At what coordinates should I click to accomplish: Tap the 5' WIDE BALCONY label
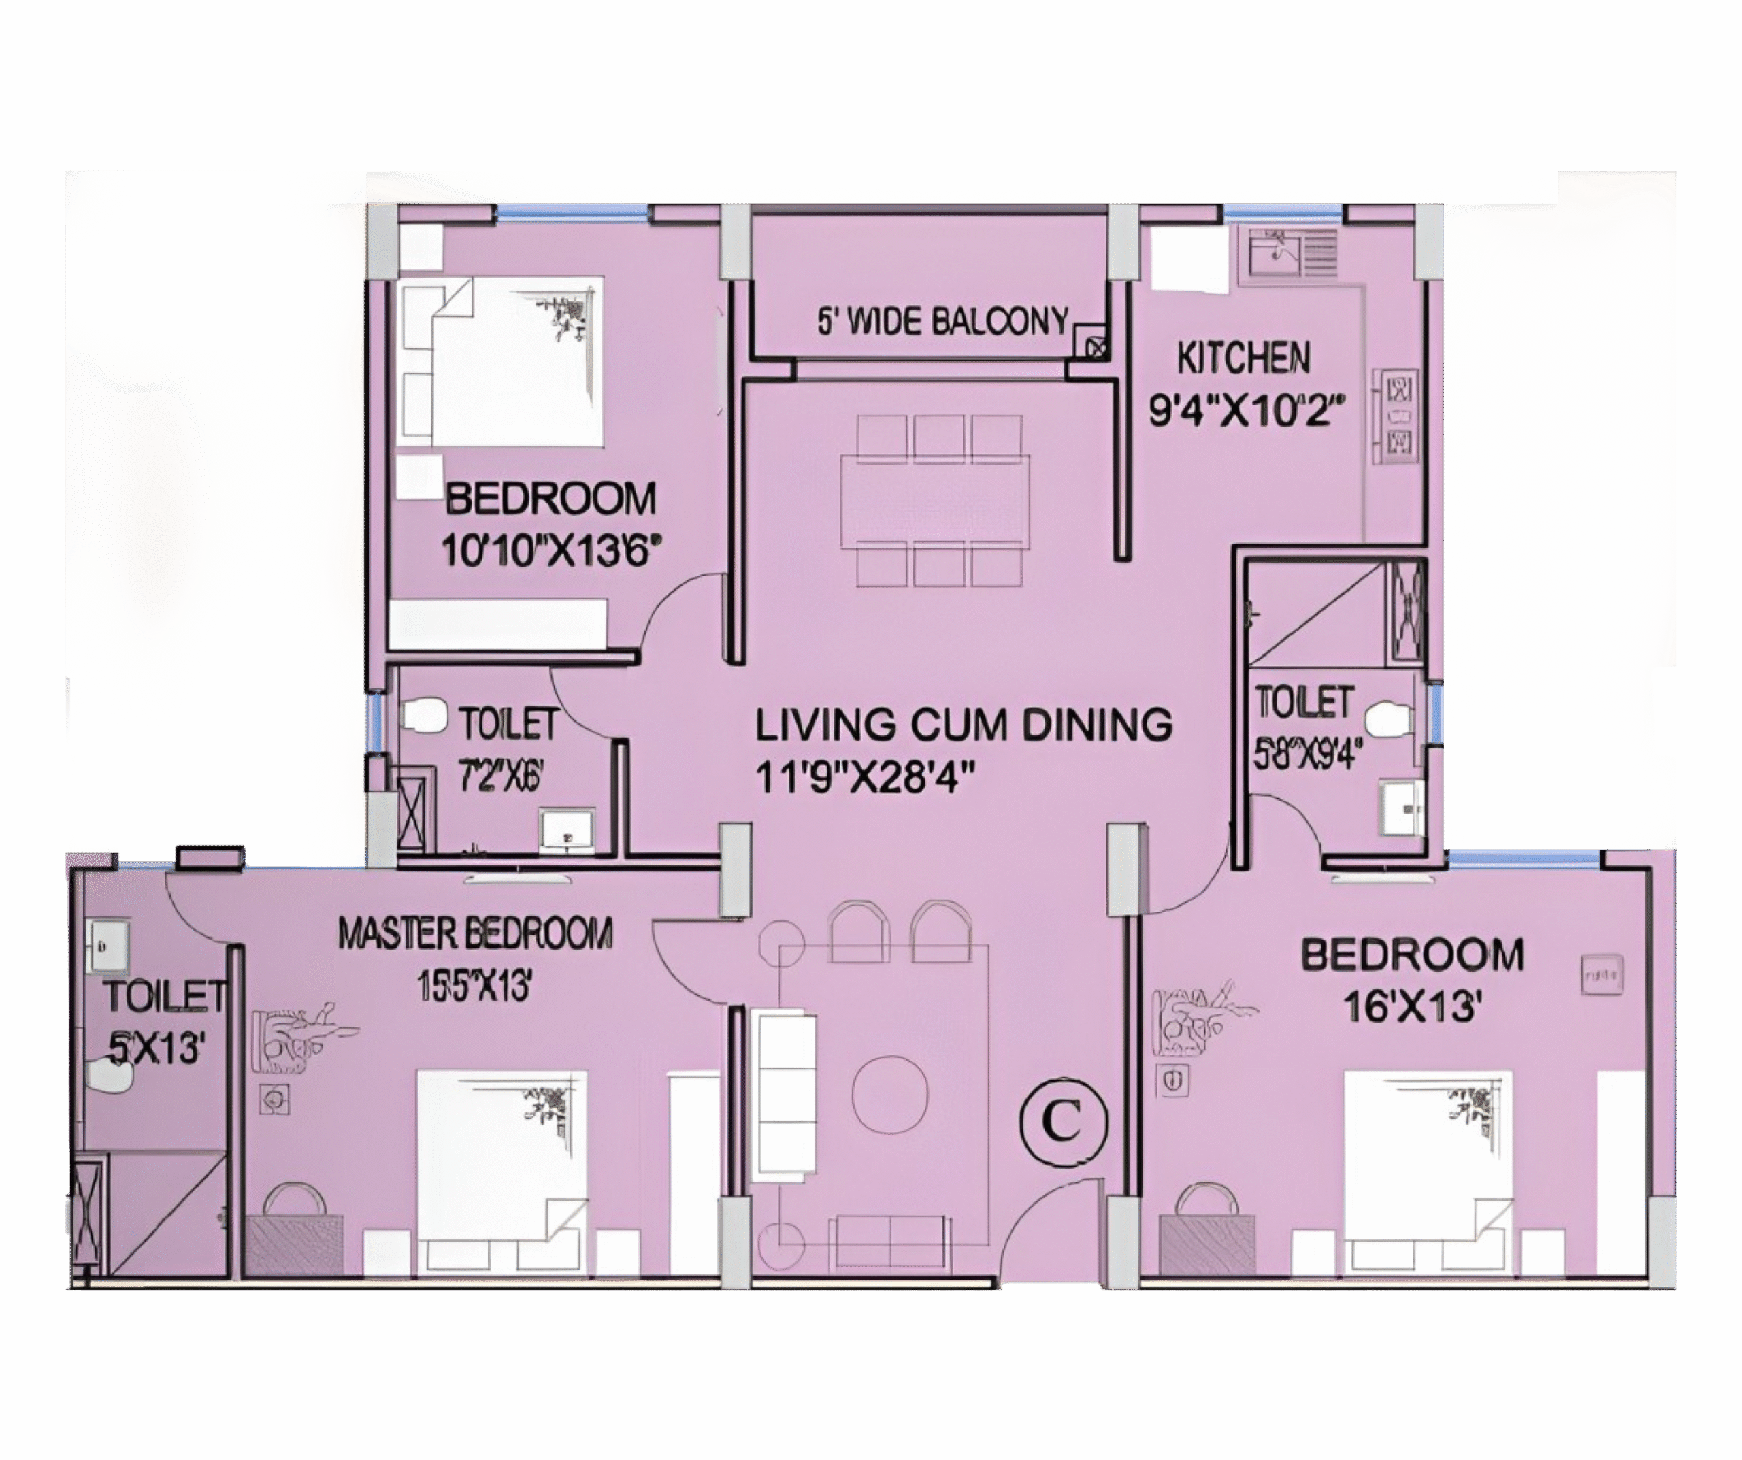(943, 321)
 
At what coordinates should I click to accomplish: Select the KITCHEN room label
(1243, 359)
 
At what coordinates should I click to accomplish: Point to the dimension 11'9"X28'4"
(864, 778)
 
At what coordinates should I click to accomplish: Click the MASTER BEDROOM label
(476, 933)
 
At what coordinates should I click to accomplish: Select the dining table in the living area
(935, 500)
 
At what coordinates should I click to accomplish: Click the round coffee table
(890, 1093)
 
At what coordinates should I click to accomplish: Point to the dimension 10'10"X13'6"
(550, 550)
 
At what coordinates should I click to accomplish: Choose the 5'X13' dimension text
(156, 1048)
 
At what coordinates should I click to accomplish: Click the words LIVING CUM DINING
(963, 724)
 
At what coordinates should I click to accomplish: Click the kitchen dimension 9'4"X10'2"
(1245, 409)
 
